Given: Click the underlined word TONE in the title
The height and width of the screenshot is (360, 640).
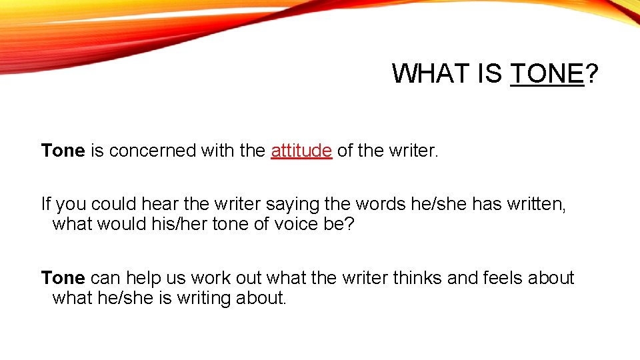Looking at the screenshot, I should click(547, 73).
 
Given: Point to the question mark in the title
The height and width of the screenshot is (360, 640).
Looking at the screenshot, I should click(592, 73).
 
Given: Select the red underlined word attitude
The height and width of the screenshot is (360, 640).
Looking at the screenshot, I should click(301, 151).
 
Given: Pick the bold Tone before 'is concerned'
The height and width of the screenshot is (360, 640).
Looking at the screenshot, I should click(63, 151).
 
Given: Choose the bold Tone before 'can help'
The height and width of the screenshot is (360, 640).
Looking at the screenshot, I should click(63, 277).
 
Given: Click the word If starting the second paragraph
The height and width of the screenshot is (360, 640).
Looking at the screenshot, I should click(46, 203).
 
